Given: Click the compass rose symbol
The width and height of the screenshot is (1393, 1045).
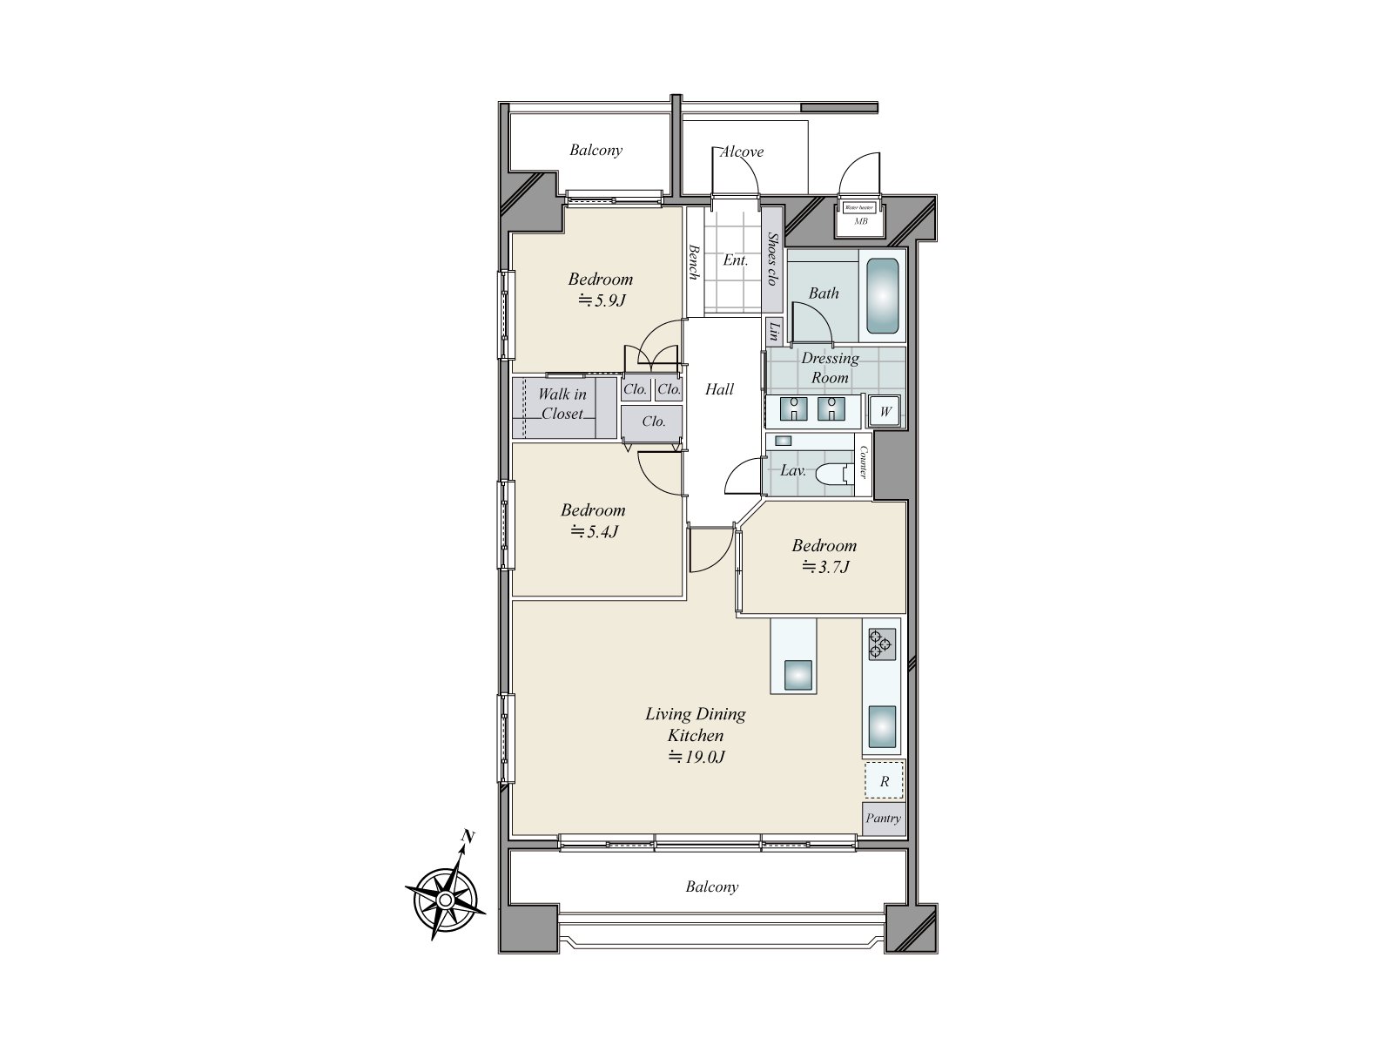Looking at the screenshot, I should [445, 899].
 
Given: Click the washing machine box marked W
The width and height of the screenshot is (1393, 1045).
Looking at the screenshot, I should [885, 411].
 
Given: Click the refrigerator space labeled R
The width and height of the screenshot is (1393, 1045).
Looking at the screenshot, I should [884, 781].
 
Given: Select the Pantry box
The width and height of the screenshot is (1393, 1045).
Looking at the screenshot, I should [883, 819].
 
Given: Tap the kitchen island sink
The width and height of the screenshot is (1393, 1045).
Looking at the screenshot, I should [798, 675].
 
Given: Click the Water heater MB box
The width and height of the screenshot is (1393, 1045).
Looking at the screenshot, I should [860, 215].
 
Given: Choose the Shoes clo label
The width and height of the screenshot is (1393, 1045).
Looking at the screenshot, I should [771, 259].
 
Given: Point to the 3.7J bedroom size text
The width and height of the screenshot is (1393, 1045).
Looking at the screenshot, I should [824, 568].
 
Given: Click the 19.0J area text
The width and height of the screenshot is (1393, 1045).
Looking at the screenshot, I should [696, 757].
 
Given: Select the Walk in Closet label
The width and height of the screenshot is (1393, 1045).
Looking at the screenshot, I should [562, 404].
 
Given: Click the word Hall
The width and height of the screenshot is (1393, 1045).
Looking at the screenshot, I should [719, 389].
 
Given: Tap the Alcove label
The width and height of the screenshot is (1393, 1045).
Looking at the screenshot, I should [741, 152].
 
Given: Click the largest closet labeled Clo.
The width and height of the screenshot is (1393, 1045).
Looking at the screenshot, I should [653, 421].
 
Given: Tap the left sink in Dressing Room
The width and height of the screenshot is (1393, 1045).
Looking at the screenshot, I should [793, 408].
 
